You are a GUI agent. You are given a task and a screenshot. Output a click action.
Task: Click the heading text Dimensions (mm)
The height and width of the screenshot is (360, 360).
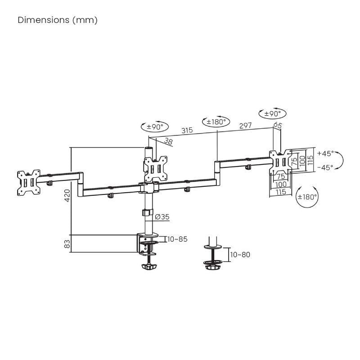[58, 20]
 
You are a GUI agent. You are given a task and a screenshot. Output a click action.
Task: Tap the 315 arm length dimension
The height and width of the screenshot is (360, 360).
[187, 130]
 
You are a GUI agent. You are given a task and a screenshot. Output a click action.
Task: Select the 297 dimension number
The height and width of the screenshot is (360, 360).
[245, 126]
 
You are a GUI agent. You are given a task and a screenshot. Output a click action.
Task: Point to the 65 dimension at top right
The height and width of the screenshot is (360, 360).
[277, 126]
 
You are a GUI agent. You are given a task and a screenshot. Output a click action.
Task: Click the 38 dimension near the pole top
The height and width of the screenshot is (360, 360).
[168, 141]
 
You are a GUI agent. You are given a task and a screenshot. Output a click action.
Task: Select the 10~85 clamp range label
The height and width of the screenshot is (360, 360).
[177, 239]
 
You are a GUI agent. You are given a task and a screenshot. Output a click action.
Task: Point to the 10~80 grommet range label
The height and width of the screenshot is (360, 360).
[239, 255]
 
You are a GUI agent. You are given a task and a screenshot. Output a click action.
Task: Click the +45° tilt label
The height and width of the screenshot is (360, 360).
[325, 153]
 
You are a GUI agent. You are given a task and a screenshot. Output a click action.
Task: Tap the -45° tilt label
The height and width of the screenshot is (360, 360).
[325, 167]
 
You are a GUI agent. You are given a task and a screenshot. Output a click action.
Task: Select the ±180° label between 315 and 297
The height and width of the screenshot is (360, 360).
[216, 121]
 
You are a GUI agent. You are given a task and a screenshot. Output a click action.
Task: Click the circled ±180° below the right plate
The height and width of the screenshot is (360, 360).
[307, 197]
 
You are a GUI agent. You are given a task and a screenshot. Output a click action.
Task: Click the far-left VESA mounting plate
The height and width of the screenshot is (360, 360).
[27, 182]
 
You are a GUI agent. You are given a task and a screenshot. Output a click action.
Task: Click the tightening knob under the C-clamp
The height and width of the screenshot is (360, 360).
[148, 267]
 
